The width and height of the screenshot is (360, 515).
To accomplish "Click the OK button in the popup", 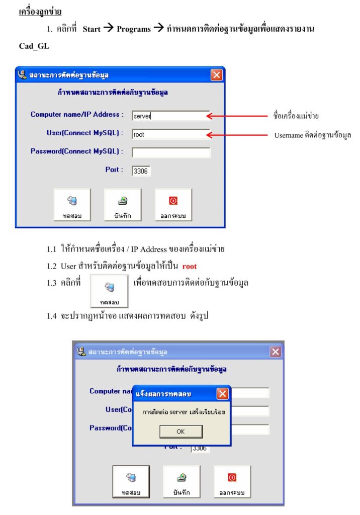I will coord(181,432).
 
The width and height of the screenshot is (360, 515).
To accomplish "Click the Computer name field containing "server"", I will coord(171,116).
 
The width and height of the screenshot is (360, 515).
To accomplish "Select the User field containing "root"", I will coord(171,134).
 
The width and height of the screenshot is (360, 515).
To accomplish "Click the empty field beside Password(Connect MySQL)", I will coord(171,152).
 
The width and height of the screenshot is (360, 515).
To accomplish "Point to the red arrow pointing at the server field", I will coord(236,116).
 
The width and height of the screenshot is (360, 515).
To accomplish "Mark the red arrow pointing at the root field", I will coord(236,135).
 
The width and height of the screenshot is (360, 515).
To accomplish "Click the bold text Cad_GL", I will coord(34,46).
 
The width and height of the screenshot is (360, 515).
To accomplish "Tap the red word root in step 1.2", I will coord(190,266).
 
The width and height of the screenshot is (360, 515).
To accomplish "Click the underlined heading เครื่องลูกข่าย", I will coord(40,11).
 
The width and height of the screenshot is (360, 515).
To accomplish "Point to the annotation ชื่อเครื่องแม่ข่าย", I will coord(296,116).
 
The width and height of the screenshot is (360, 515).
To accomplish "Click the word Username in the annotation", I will coord(289,135).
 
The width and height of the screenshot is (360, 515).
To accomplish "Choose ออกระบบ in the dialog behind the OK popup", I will coord(232,481).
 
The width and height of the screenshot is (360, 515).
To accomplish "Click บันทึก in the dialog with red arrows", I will coord(123,205).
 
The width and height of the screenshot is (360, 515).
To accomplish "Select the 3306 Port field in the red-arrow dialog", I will coord(141,171).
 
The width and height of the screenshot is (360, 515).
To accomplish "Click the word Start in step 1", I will coord(92,29).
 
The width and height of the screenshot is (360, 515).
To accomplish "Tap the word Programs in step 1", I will coord(133,29).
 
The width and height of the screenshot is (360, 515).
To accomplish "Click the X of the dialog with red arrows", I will coord(216,75).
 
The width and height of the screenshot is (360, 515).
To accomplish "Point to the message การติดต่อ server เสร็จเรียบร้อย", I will coord(183,412).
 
